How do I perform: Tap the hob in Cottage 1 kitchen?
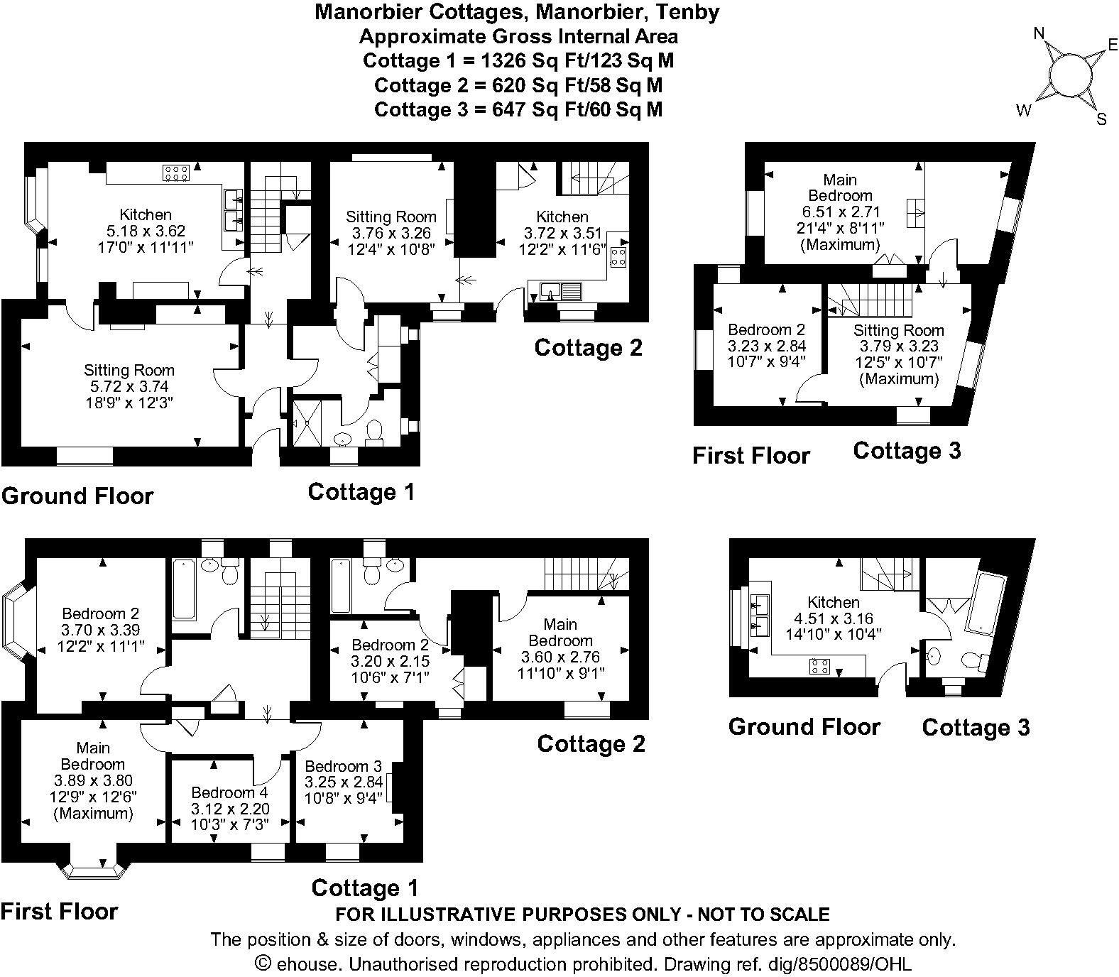click(x=175, y=172)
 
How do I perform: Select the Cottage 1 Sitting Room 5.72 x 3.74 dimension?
click(x=129, y=387)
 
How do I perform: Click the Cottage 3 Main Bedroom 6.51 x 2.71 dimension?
click(x=841, y=212)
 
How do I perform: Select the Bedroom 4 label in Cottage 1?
click(x=229, y=792)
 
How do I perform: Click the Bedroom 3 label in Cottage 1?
click(x=344, y=767)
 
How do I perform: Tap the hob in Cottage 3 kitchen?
click(x=820, y=666)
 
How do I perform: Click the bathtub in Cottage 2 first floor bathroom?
click(x=339, y=586)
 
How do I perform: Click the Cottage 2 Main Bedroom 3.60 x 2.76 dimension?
click(x=560, y=657)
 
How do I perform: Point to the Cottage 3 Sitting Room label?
click(x=899, y=330)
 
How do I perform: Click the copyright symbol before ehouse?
click(x=263, y=964)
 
